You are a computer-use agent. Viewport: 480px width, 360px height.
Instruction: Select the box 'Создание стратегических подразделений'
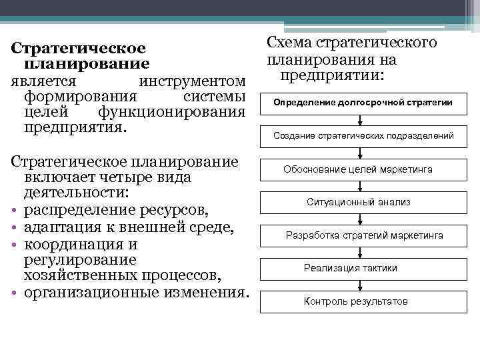363,136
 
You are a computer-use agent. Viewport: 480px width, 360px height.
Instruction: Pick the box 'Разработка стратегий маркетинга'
363,235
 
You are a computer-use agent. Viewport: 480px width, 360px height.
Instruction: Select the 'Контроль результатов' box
355,301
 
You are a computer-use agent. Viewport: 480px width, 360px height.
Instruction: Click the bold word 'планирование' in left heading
87,64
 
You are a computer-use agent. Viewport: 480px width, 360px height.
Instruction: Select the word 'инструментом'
193,82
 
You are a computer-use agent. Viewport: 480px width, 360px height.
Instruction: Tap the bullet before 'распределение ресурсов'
13,212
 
